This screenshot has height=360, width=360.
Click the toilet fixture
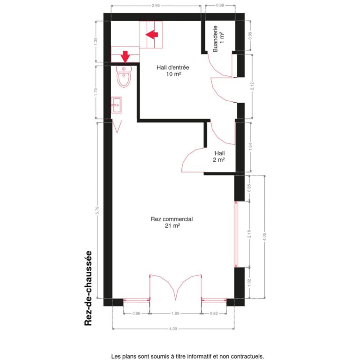(124, 77)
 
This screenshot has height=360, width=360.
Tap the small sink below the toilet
(116, 105)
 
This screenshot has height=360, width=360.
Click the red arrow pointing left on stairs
(152, 34)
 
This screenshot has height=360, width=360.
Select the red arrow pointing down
(125, 56)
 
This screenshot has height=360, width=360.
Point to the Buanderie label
(218, 38)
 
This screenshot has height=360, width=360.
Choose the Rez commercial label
(172, 222)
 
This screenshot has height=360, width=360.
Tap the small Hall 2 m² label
(219, 157)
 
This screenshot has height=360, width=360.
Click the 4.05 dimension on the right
(265, 236)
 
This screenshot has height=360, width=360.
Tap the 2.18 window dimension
(249, 234)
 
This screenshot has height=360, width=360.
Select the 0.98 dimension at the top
(220, 6)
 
